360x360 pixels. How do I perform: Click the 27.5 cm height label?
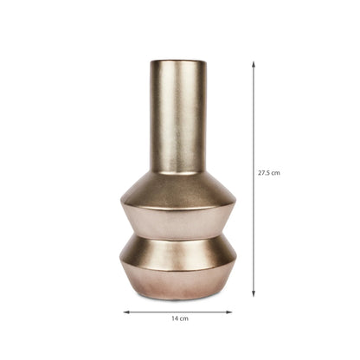(x=269, y=173)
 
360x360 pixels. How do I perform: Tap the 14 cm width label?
(x=180, y=318)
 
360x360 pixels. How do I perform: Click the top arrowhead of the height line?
(x=254, y=64)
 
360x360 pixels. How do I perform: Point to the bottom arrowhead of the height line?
(x=254, y=293)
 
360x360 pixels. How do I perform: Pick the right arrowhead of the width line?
(x=228, y=312)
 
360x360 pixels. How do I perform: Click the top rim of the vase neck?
(x=178, y=61)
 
